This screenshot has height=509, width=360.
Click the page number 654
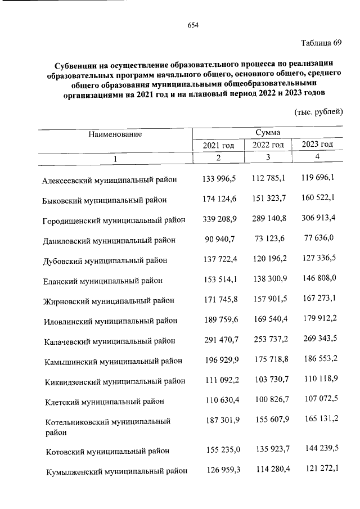(x=193, y=25)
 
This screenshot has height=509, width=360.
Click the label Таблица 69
(x=321, y=44)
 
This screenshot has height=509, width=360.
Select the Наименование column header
(x=115, y=134)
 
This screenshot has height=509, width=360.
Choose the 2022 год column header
(x=268, y=145)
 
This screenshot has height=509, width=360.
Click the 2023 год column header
(x=318, y=145)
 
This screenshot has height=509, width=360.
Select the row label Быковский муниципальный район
(x=105, y=200)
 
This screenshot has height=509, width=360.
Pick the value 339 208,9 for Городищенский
(x=219, y=219)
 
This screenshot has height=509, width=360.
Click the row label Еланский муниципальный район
(x=103, y=281)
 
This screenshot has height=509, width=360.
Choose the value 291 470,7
(x=219, y=340)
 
